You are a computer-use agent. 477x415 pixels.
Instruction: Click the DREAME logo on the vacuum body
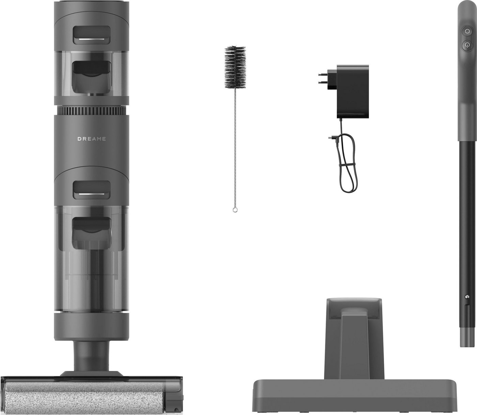click(x=91, y=139)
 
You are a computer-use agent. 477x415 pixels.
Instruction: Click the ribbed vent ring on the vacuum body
click(x=91, y=111)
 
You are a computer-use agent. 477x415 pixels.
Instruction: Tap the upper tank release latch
click(x=91, y=35)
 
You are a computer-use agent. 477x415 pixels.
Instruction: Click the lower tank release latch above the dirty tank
click(x=91, y=189)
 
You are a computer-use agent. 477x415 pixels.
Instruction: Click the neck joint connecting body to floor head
click(x=91, y=354)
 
